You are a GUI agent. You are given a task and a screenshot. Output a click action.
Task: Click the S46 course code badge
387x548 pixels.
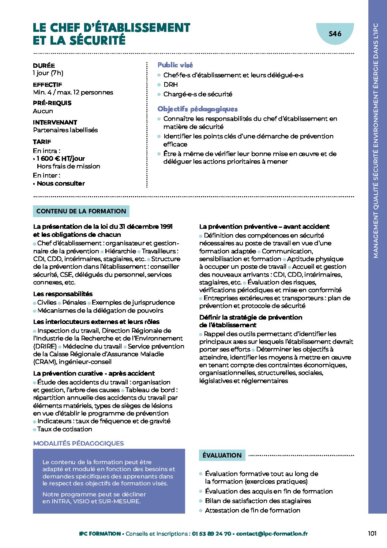[x=335, y=34]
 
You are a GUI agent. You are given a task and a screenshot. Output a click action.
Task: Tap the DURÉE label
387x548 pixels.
[x=44, y=66]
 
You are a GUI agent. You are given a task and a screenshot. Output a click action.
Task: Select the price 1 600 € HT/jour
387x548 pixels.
[x=61, y=159]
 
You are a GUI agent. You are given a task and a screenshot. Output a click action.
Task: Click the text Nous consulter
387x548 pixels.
[x=61, y=183]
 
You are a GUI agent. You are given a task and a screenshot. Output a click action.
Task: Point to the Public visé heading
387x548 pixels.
[x=175, y=65]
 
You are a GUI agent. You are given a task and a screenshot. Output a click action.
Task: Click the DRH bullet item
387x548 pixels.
[x=170, y=85]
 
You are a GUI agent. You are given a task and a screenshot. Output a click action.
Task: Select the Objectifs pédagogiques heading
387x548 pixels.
[x=198, y=109]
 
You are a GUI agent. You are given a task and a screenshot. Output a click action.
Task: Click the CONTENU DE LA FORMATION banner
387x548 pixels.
[x=81, y=211]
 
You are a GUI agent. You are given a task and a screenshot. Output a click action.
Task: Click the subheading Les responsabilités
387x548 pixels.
[x=63, y=294]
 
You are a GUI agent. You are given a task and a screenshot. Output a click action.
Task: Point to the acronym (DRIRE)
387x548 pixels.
[x=45, y=346]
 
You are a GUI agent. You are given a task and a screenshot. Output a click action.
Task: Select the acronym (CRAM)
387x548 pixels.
[x=45, y=362]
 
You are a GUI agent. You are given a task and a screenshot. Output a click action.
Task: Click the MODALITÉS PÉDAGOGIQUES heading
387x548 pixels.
[x=78, y=443]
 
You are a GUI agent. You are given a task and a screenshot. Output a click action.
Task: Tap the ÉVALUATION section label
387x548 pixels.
[x=222, y=455]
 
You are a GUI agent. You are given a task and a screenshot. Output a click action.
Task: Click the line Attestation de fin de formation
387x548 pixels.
[x=252, y=510]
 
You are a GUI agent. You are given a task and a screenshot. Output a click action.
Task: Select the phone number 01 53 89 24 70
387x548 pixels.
[x=211, y=534]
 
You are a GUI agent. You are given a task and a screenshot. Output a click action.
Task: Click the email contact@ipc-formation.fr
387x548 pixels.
[x=272, y=534]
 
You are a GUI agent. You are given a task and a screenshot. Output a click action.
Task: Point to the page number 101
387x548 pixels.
[x=372, y=533]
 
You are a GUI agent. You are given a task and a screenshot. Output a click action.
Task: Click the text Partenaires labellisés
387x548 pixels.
[x=65, y=130]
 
